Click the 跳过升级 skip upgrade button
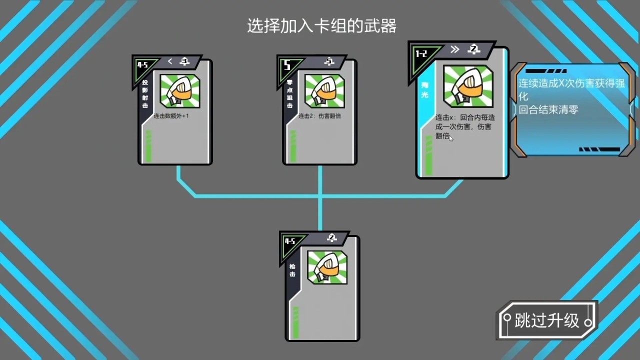pos(547,320)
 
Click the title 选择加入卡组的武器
pos(321,26)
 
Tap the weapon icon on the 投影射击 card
pos(180,91)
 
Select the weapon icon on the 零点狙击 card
pos(324,91)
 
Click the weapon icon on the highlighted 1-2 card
pos(468,86)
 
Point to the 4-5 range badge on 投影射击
pos(143,65)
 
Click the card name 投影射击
pos(145,94)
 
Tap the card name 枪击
pos(292,270)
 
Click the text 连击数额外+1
pos(171,116)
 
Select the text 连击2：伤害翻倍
pos(319,116)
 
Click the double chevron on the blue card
pos(454,49)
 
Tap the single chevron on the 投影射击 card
pos(170,61)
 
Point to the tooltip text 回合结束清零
pos(548,109)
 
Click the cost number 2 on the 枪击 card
pos(331,238)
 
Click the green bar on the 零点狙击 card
pos(293,146)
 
